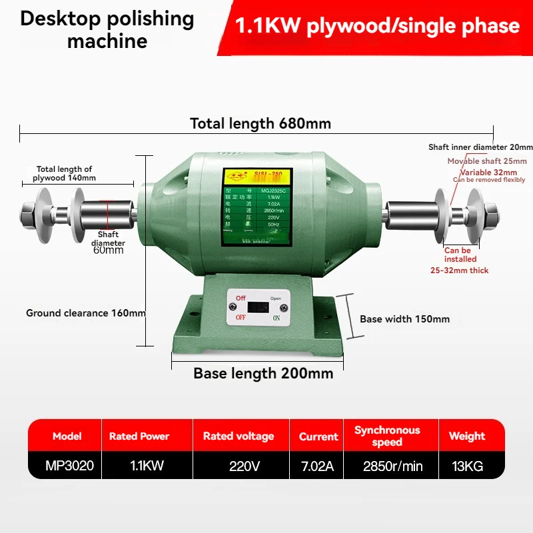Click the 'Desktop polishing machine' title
click(x=107, y=29)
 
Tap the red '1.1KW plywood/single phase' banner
click(x=378, y=26)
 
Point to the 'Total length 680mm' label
click(x=261, y=123)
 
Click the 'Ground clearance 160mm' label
click(x=86, y=312)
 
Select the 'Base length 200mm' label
click(x=263, y=373)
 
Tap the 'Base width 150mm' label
click(x=404, y=319)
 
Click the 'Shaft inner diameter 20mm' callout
click(x=480, y=147)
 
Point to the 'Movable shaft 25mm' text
click(x=487, y=161)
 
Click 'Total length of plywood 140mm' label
click(x=65, y=174)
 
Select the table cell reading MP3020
click(x=65, y=466)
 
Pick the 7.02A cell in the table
click(x=317, y=466)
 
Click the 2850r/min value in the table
click(x=393, y=466)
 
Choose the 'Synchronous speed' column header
click(x=387, y=436)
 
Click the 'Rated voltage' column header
click(x=239, y=436)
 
